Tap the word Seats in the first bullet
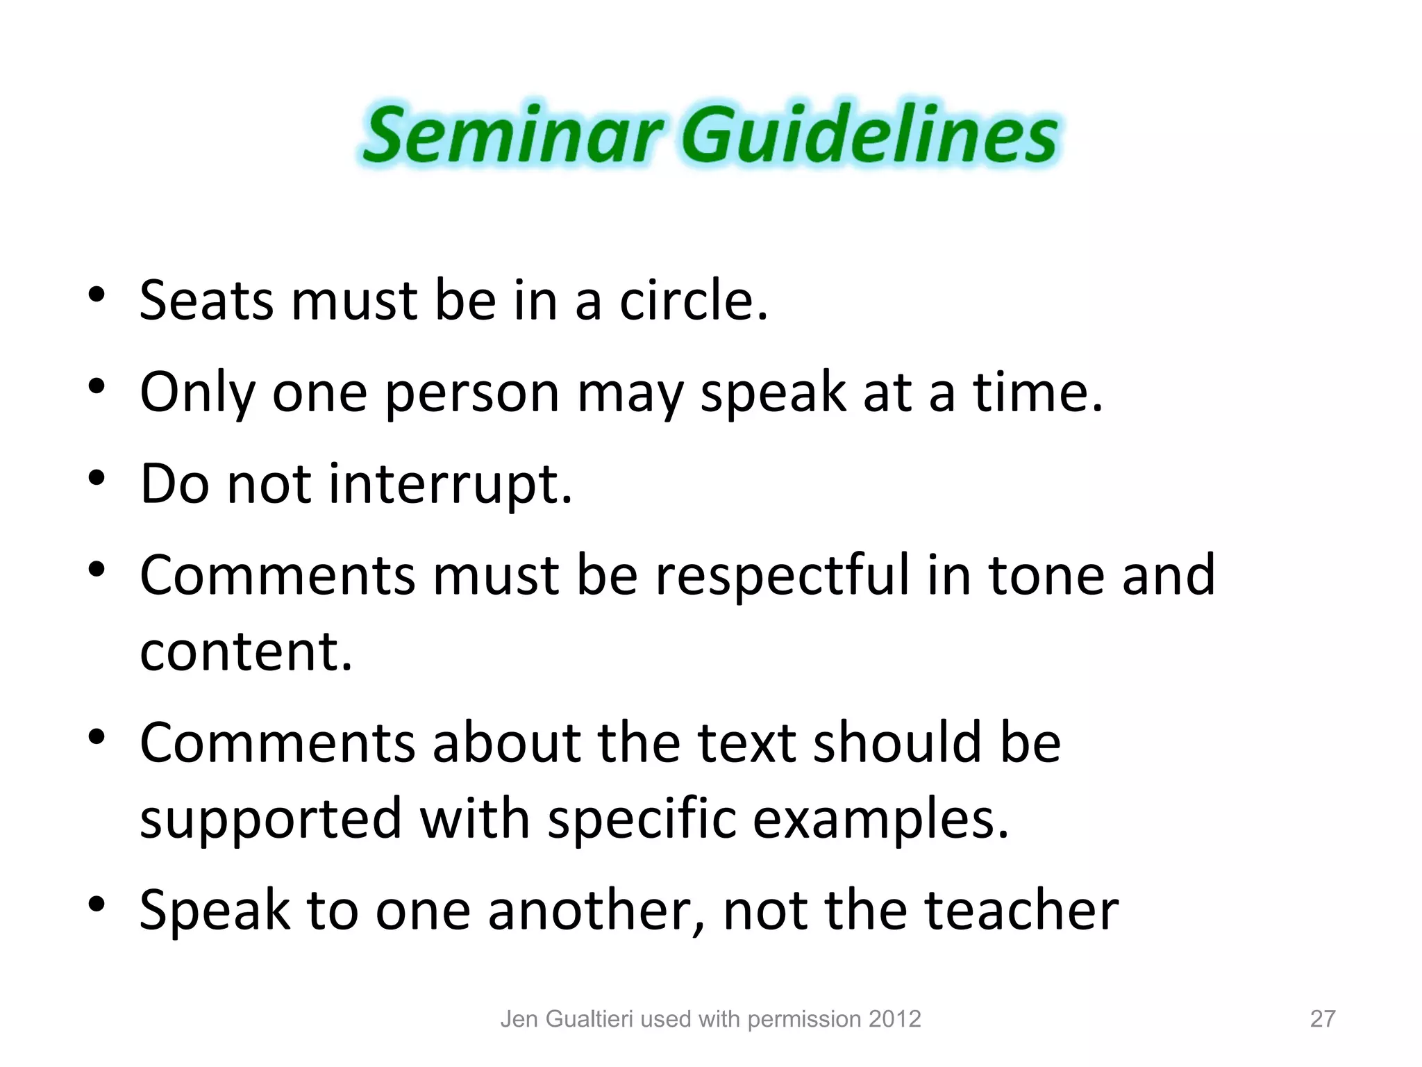coord(206,301)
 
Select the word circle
coord(693,301)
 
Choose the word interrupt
coord(450,484)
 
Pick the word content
coord(246,652)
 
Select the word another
coord(596,910)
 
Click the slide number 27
coord(1322,1019)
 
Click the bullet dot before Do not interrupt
coord(97,478)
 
